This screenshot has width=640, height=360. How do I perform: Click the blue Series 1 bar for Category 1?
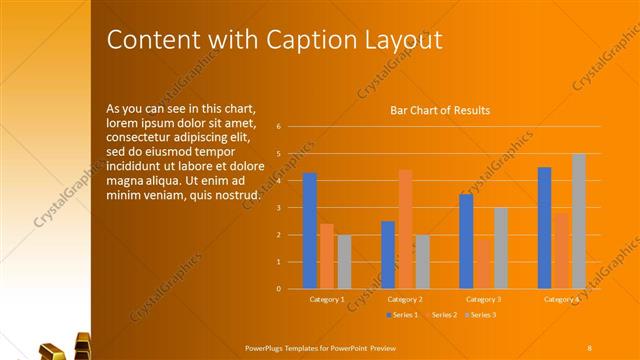pyautogui.click(x=310, y=231)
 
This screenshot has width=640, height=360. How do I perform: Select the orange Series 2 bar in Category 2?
pyautogui.click(x=405, y=229)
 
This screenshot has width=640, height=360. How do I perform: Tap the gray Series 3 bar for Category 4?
pyautogui.click(x=578, y=221)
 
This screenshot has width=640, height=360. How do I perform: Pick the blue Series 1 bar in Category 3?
pyautogui.click(x=466, y=241)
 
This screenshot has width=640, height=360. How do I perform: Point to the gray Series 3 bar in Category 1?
pyautogui.click(x=344, y=262)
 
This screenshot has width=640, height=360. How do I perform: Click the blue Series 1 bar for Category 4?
pyautogui.click(x=544, y=228)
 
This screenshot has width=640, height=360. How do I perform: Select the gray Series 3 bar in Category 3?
pyautogui.click(x=501, y=248)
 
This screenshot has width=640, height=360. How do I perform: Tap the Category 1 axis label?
pyautogui.click(x=327, y=299)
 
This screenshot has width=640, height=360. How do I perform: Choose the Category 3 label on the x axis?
pyautogui.click(x=484, y=299)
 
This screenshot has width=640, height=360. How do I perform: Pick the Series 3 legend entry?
pyautogui.click(x=481, y=315)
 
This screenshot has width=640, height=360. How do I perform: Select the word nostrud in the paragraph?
pyautogui.click(x=237, y=193)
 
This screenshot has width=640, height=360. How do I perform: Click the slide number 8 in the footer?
pyautogui.click(x=589, y=346)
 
